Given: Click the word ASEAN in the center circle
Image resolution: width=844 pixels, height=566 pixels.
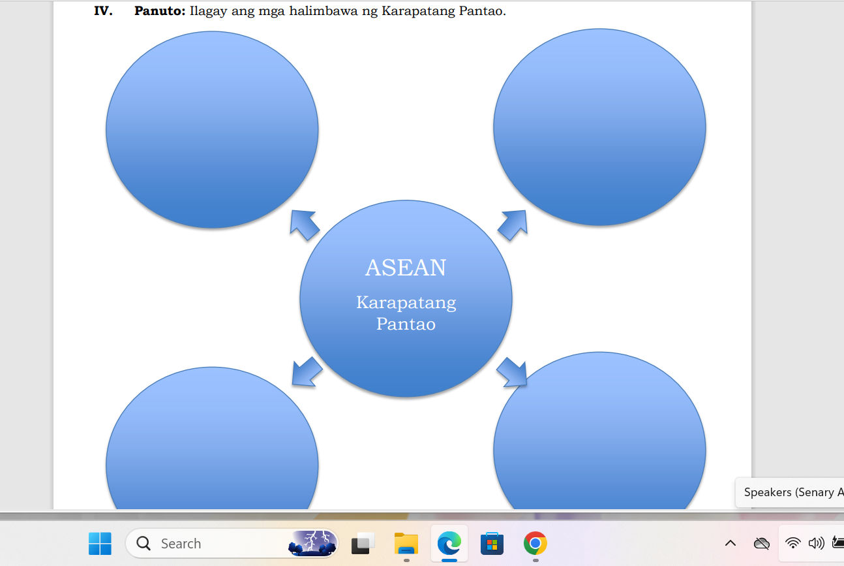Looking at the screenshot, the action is [406, 268].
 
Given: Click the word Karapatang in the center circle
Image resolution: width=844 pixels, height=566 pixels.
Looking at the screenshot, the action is [406, 303].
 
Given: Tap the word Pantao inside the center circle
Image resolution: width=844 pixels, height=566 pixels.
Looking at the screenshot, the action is [406, 324].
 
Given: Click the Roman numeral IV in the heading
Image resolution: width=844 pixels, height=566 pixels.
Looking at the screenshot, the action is [103, 11].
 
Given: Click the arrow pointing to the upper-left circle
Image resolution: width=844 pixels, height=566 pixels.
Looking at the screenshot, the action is [305, 225].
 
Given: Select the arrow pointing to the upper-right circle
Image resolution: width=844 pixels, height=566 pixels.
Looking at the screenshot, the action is [513, 225].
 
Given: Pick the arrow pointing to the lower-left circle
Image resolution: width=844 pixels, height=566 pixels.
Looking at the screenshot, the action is [307, 372].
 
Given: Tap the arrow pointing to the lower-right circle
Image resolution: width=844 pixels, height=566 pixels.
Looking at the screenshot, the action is [511, 372].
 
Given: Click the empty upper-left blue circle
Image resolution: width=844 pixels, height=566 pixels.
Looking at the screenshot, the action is [212, 130].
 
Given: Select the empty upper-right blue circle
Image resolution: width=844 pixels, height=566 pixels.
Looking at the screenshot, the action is [599, 127].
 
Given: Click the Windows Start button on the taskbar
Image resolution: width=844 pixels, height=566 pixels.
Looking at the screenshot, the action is [100, 543].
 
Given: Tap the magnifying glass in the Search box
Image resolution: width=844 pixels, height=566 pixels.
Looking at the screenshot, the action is [143, 543].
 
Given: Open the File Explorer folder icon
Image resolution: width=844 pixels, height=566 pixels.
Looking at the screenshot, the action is [406, 543].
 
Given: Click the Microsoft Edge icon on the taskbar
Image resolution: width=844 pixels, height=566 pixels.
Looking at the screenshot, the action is [449, 543].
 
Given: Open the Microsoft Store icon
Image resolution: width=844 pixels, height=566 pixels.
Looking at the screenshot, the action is [492, 543].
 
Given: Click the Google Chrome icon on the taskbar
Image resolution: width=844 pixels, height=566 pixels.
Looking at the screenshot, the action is [535, 543].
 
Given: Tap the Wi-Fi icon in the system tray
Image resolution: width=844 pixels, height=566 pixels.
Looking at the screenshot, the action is [792, 543].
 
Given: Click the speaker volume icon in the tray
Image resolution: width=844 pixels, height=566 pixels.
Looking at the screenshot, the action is [816, 543].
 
